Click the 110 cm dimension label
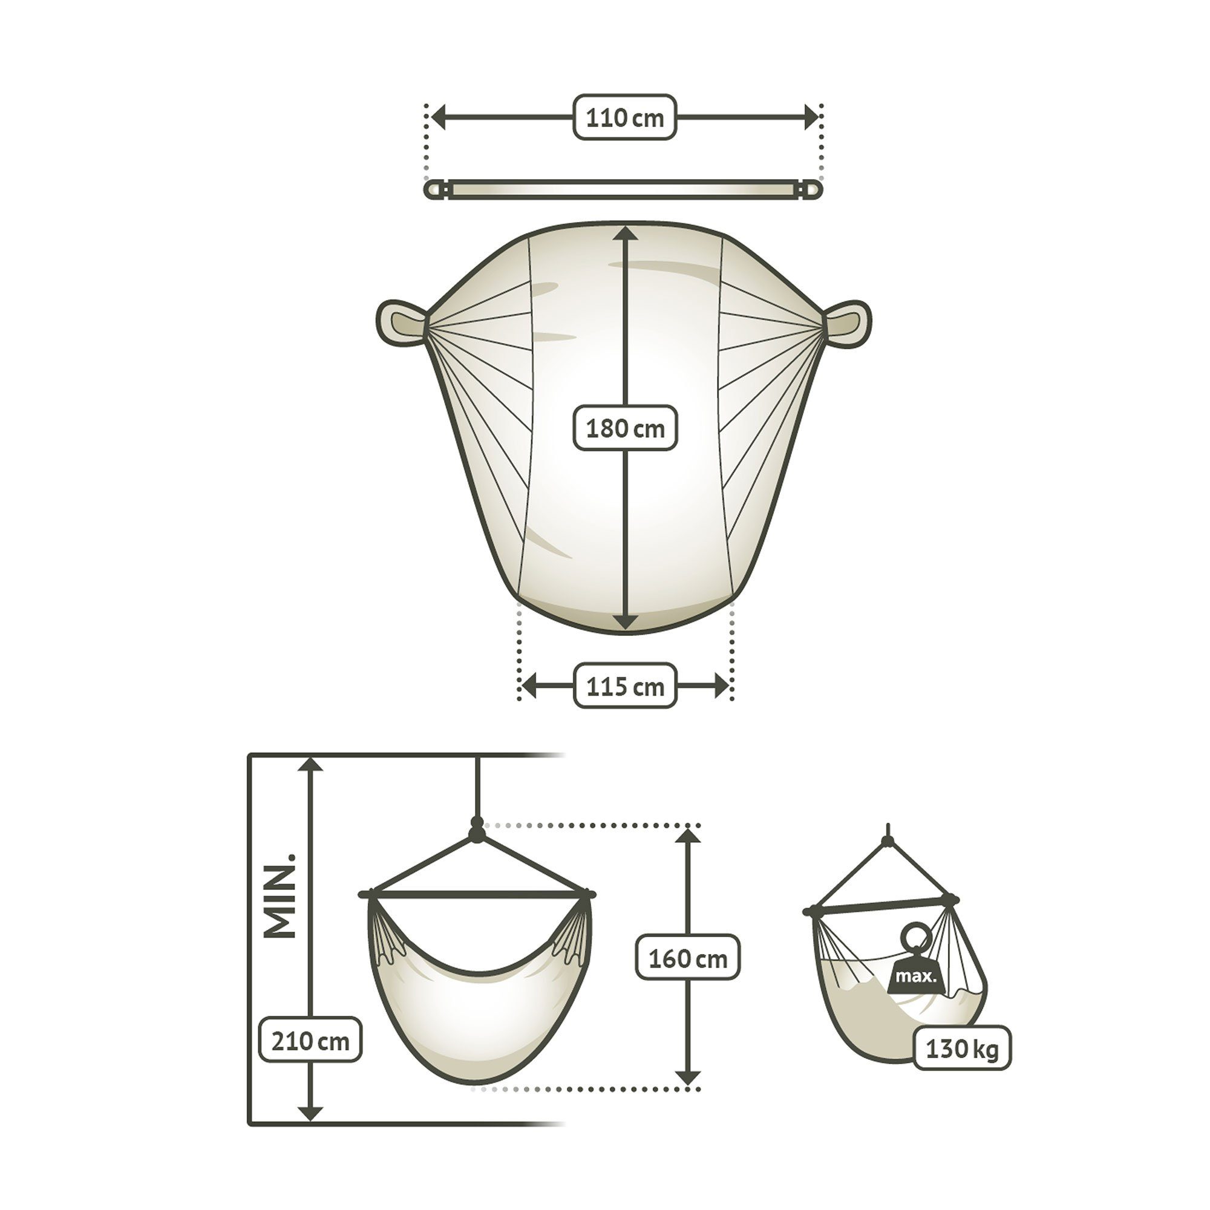624,117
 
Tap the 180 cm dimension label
625,428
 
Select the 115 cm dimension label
625,686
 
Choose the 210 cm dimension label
310,1041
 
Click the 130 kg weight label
962,1048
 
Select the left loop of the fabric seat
402,322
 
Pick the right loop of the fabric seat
847,322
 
